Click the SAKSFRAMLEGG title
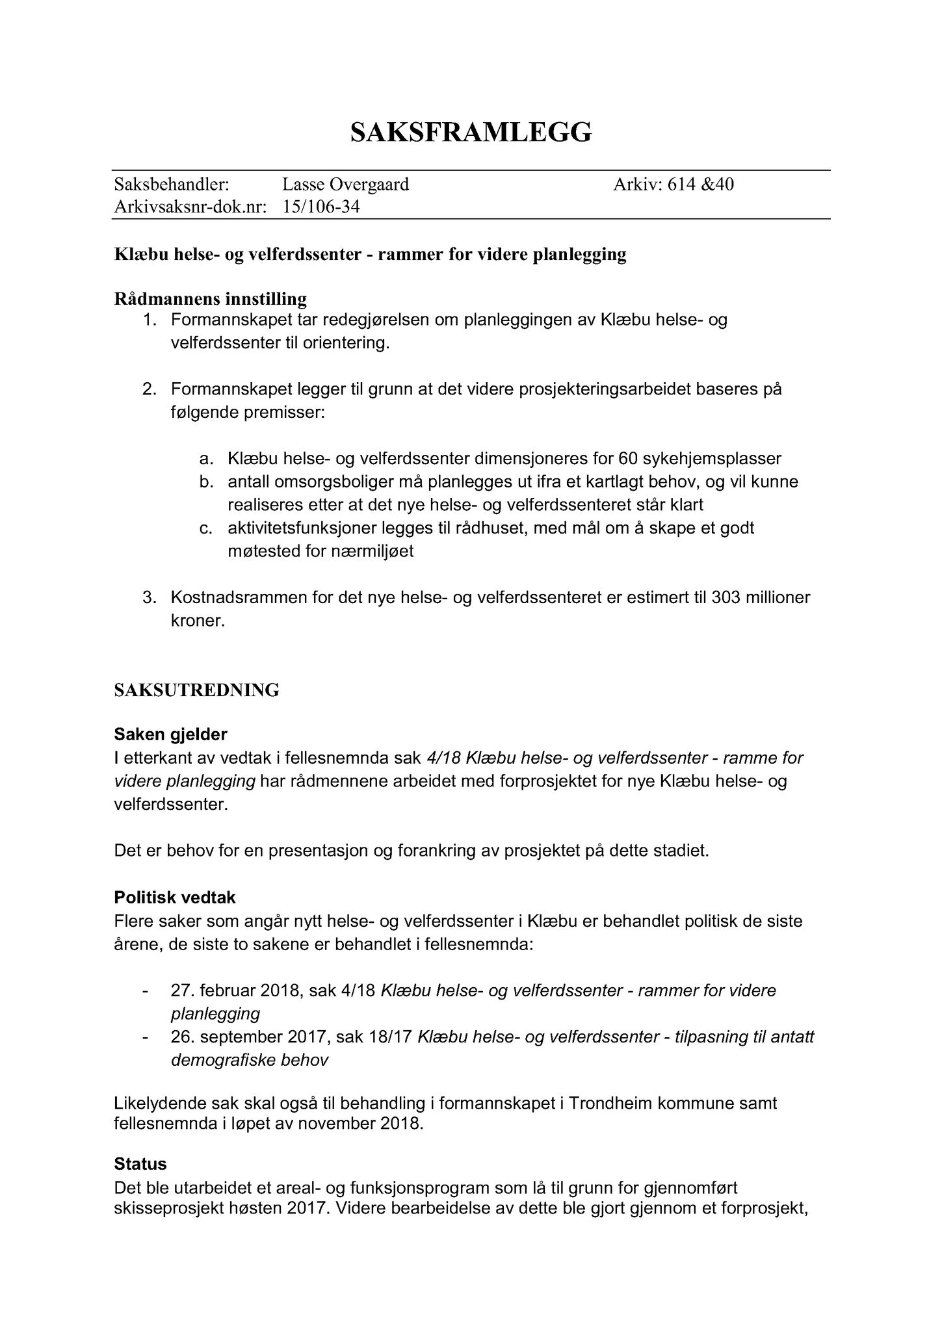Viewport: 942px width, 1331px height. (471, 132)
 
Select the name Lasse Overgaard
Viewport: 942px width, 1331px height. (345, 185)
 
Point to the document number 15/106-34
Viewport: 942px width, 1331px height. (321, 207)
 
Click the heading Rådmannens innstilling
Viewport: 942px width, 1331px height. (210, 299)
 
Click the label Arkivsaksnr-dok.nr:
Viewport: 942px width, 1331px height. (190, 207)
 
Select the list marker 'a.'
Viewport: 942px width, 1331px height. (206, 459)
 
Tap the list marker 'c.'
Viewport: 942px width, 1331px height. (206, 528)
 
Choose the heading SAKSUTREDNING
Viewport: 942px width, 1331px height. (196, 690)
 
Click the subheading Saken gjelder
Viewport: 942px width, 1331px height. (170, 734)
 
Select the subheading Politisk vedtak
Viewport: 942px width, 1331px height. (175, 898)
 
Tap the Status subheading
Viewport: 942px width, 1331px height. (140, 1163)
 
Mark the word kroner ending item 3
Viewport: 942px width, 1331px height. (197, 621)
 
